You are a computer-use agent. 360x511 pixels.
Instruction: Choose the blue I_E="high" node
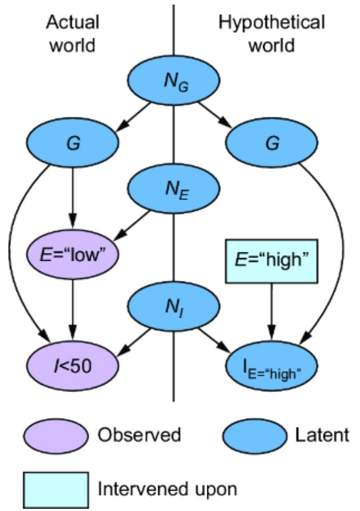(x=273, y=367)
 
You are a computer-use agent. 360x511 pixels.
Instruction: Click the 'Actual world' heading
(x=73, y=33)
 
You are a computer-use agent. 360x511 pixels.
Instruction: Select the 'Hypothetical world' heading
(x=273, y=33)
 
